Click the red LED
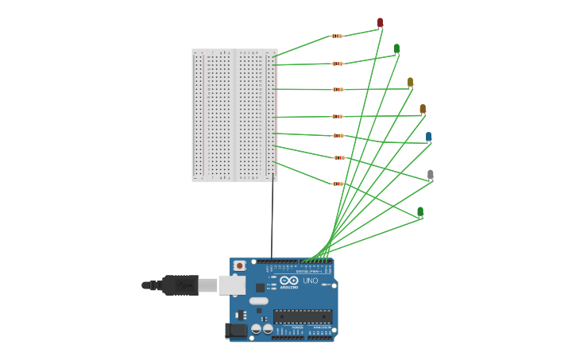click(x=380, y=22)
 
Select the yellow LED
click(x=410, y=82)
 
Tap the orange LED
click(x=423, y=109)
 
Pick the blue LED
click(x=428, y=137)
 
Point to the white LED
click(x=430, y=174)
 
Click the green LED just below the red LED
click(x=396, y=48)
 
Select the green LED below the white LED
click(x=420, y=211)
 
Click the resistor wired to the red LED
click(x=337, y=36)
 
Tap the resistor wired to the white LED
click(x=339, y=157)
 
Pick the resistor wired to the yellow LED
click(x=338, y=89)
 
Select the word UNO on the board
click(x=310, y=281)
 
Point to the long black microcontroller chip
click(x=302, y=316)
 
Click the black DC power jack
click(x=234, y=331)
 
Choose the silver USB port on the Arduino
click(x=231, y=285)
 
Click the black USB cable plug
click(x=180, y=285)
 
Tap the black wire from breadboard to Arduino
click(x=273, y=223)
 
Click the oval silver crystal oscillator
click(x=259, y=300)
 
